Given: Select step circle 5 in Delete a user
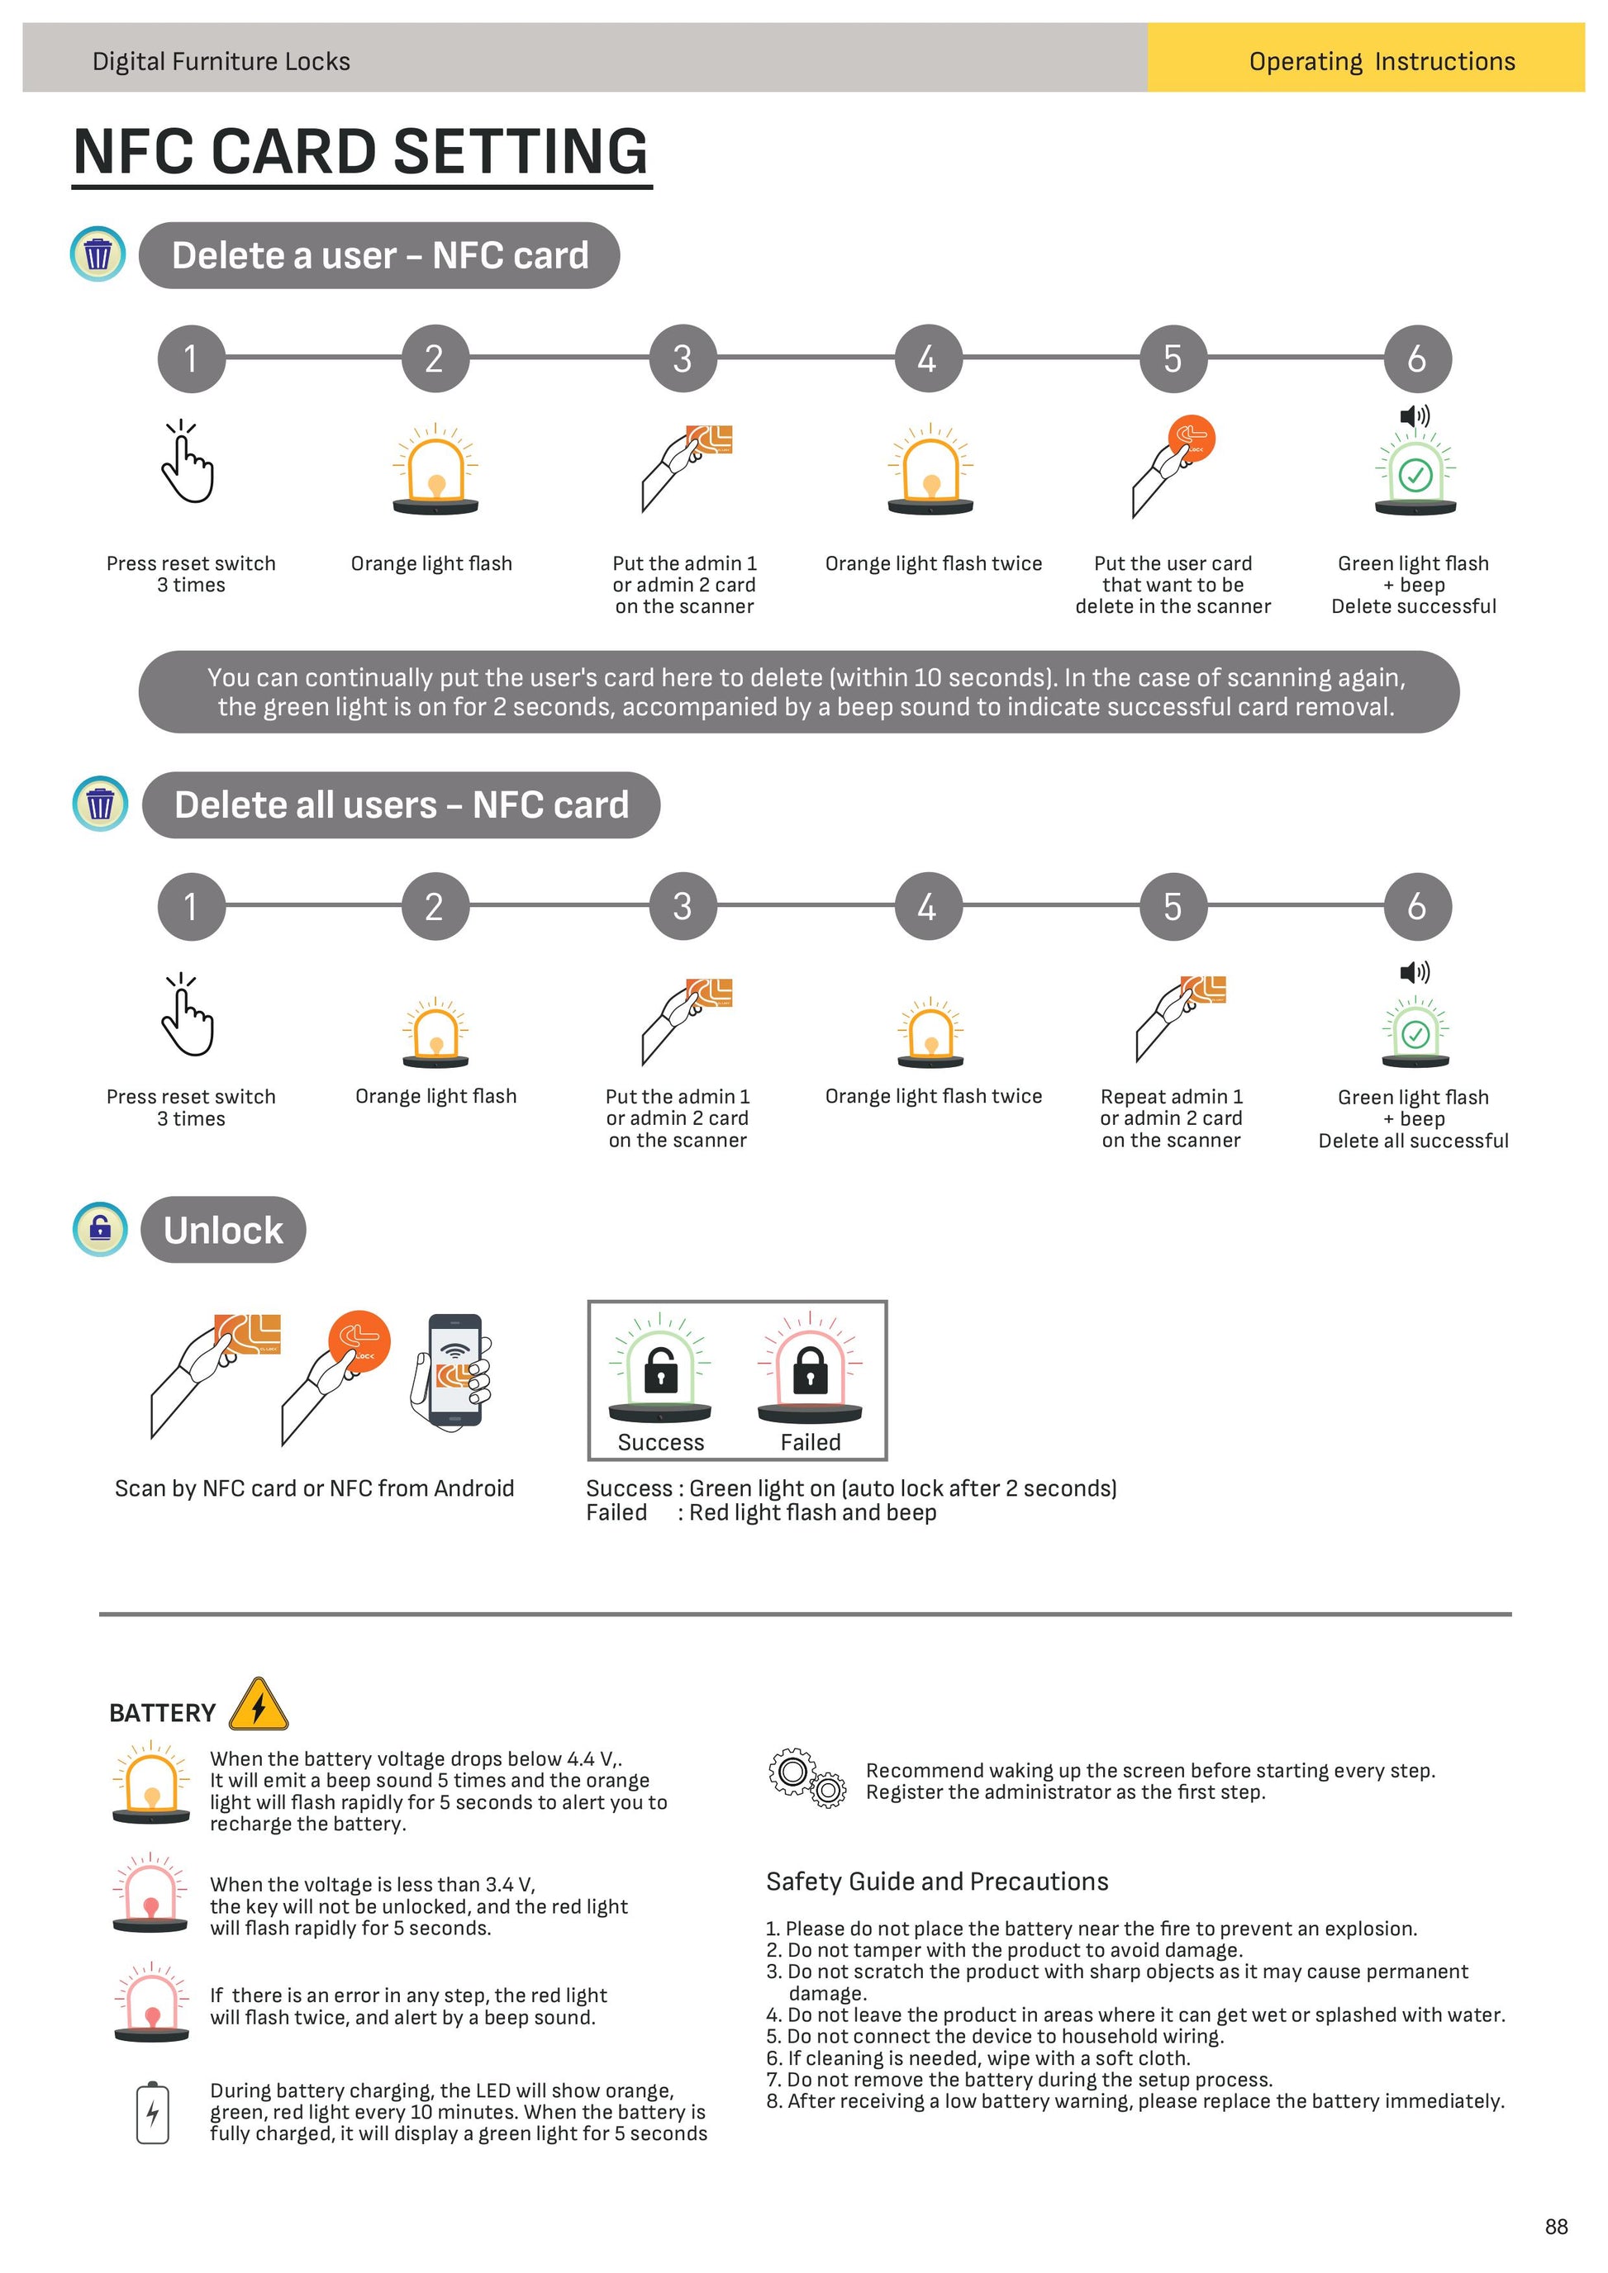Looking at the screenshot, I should (x=1173, y=358).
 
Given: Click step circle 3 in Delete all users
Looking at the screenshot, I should (x=683, y=906).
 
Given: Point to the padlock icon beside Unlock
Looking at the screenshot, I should (x=101, y=1228).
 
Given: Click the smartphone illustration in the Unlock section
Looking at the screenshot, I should (x=453, y=1371).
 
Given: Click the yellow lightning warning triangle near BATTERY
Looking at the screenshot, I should (x=259, y=1705).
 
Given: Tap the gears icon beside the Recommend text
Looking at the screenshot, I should (x=807, y=1779).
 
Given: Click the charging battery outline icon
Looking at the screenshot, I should (x=153, y=2114).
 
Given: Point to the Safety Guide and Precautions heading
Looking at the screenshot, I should (x=937, y=1881).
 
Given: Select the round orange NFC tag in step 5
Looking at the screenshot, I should (x=1192, y=439).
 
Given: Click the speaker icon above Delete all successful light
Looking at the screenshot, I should (x=1415, y=972).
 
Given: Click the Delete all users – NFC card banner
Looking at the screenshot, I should (x=401, y=804).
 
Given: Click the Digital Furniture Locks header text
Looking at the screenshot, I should (x=221, y=61).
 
